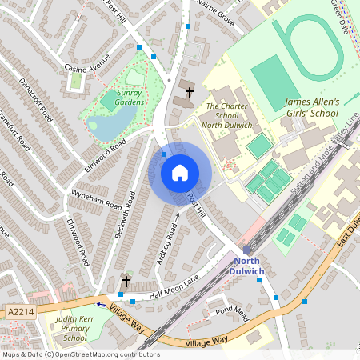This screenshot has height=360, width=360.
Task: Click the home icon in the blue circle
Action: point(180,172)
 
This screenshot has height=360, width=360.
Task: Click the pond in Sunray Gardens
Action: point(105,126)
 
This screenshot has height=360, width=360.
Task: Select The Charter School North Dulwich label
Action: point(229,115)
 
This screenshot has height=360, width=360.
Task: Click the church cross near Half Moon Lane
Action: point(126,282)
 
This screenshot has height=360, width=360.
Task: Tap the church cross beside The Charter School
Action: point(189,93)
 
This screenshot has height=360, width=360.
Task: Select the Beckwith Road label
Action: point(124,218)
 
